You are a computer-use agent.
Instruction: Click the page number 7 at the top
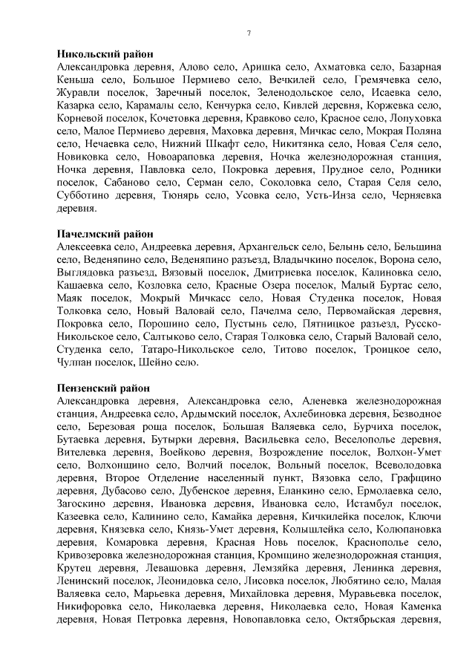coord(249,33)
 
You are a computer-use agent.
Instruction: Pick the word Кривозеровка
coord(93,555)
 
